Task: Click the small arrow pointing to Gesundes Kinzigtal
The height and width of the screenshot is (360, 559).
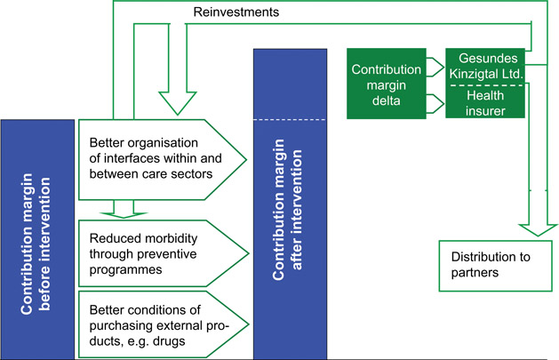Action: (x=435, y=64)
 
